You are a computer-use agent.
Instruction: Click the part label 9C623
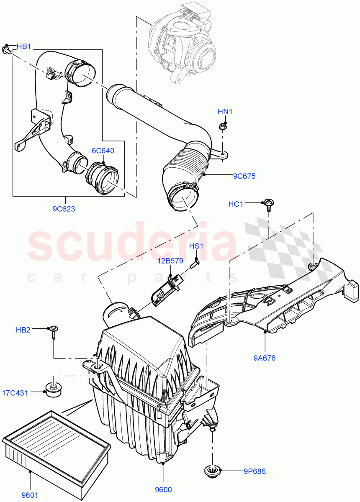click(x=64, y=209)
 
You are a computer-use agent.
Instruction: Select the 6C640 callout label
click(x=103, y=151)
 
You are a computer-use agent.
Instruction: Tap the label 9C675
click(x=244, y=176)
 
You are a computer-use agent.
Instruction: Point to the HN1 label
click(x=225, y=112)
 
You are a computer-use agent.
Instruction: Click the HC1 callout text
click(x=236, y=204)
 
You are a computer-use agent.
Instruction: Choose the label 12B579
click(x=170, y=261)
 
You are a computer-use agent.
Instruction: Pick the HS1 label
click(x=196, y=246)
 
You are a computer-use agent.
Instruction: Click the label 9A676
click(x=264, y=358)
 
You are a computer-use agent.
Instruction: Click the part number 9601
click(x=30, y=494)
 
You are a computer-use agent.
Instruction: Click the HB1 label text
click(x=24, y=47)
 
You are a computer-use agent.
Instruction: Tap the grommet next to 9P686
click(x=213, y=471)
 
